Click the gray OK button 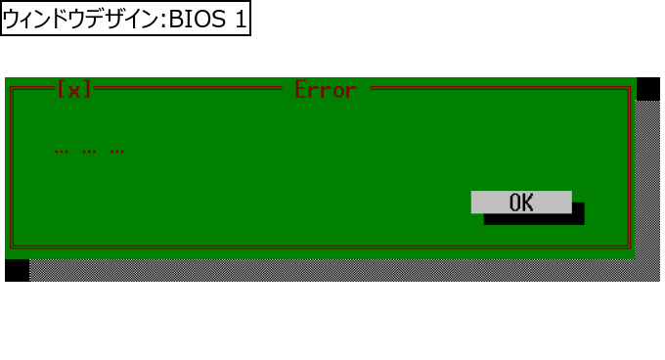521,202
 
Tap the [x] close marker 74,89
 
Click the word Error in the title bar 326,90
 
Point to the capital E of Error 300,90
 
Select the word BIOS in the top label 198,20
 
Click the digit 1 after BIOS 241,20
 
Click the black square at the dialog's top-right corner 648,89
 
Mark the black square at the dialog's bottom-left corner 18,270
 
